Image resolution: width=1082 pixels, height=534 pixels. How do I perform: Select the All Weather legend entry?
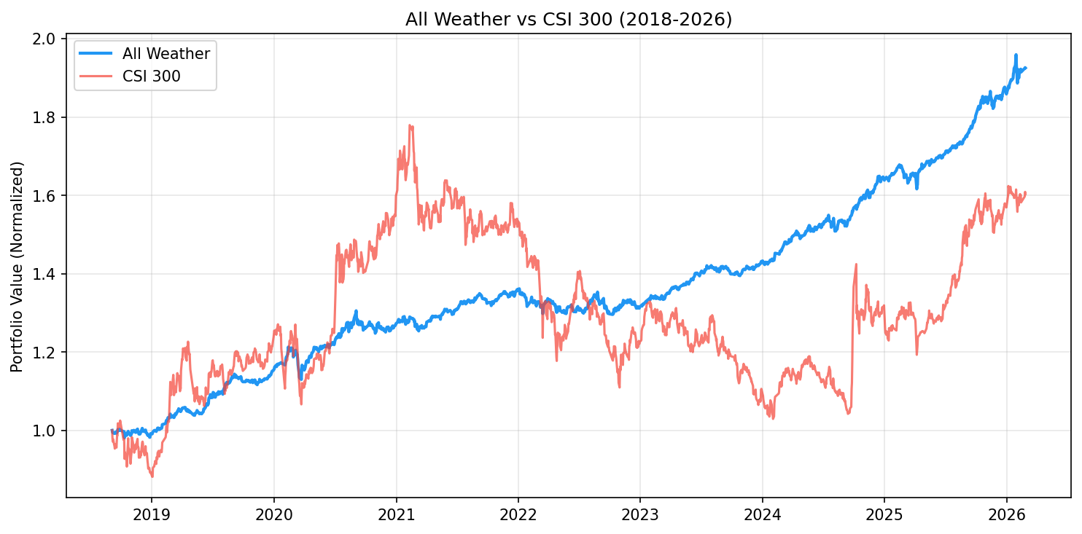point(166,54)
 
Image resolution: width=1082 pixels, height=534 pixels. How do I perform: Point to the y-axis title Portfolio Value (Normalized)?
point(17,267)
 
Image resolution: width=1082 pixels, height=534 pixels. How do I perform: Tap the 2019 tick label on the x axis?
point(152,515)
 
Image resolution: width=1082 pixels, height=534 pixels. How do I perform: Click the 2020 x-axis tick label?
point(273,515)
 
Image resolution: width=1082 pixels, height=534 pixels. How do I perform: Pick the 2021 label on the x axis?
point(396,515)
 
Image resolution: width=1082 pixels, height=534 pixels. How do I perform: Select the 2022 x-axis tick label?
point(518,515)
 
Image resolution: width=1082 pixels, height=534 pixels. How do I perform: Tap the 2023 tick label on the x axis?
point(639,515)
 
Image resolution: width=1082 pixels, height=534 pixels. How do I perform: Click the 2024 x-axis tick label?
point(762,515)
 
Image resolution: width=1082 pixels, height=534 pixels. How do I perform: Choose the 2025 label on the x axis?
point(884,515)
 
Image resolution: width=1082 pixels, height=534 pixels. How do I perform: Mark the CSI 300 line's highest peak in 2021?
point(410,125)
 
